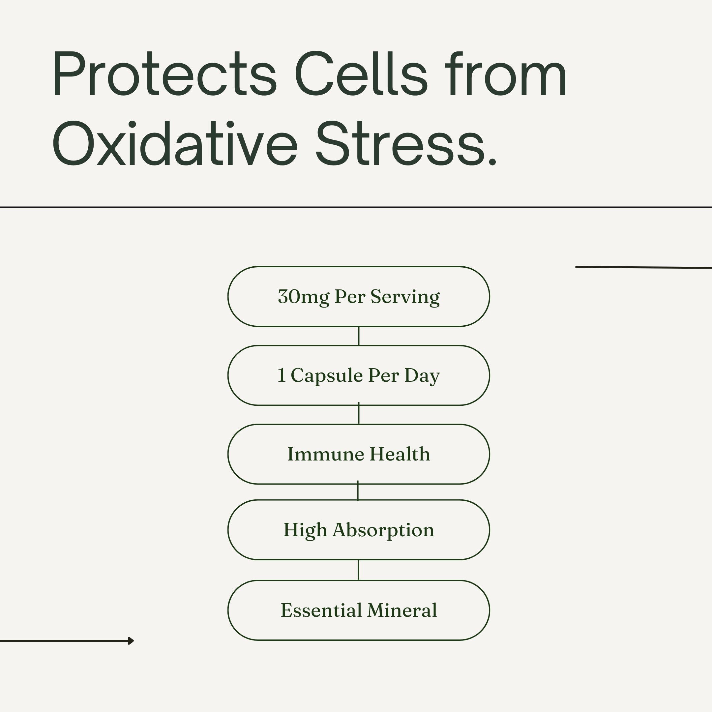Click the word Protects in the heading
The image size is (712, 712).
165,74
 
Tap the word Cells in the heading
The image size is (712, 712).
362,73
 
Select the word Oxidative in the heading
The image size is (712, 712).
175,143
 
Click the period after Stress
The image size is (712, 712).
492,160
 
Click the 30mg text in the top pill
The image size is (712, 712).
303,297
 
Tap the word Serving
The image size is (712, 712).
405,297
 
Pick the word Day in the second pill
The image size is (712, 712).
422,376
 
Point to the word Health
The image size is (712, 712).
400,454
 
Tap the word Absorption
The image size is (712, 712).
383,530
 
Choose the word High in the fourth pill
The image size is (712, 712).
305,531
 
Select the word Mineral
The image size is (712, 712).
402,610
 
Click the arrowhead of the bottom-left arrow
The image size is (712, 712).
131,641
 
